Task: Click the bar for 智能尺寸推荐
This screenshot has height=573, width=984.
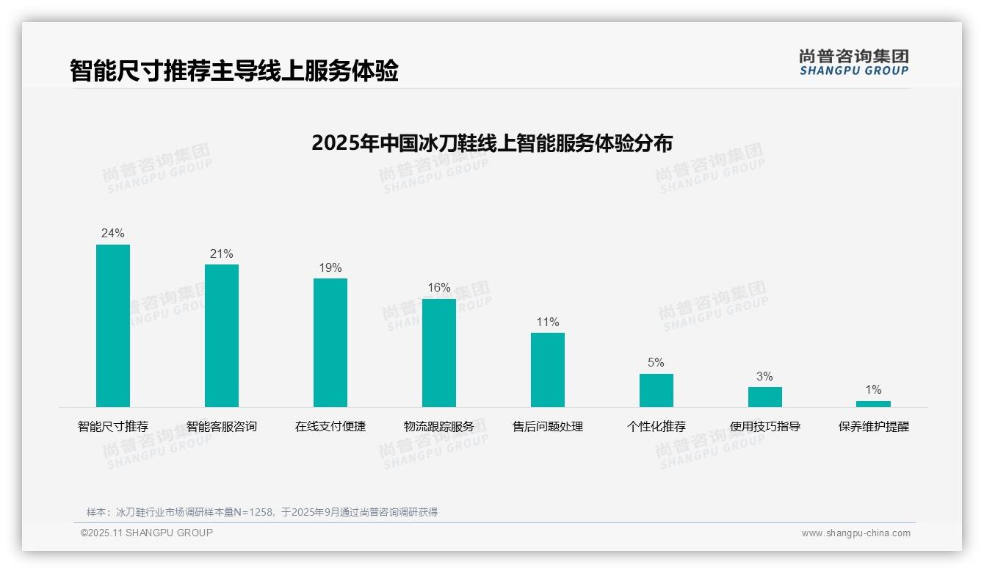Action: [x=113, y=325]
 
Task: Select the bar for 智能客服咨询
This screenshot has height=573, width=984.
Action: [x=222, y=336]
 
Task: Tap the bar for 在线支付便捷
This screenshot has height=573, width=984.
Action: [x=330, y=342]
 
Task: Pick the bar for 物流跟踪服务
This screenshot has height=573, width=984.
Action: [x=439, y=353]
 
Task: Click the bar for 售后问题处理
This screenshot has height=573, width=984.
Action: [x=548, y=370]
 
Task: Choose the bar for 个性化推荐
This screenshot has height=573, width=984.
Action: [x=656, y=390]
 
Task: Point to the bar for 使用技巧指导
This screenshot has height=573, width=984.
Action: [x=765, y=397]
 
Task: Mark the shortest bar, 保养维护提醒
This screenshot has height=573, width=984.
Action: [x=873, y=404]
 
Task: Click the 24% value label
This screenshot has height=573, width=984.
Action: [x=113, y=234]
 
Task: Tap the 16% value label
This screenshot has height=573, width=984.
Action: [x=439, y=288]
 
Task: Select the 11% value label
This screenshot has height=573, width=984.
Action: [x=548, y=322]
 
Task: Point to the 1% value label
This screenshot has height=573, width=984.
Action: [x=873, y=390]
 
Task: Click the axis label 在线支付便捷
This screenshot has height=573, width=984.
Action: [x=330, y=427]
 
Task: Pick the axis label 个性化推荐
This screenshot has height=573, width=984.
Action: [x=656, y=427]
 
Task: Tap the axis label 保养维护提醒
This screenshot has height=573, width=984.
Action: [x=873, y=427]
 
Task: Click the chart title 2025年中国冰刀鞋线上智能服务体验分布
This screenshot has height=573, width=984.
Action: [x=492, y=143]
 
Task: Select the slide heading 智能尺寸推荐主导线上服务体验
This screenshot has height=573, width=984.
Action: [x=234, y=71]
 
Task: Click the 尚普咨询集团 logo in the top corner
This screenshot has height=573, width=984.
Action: [x=854, y=62]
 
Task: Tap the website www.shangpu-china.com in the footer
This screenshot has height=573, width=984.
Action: [x=855, y=533]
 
